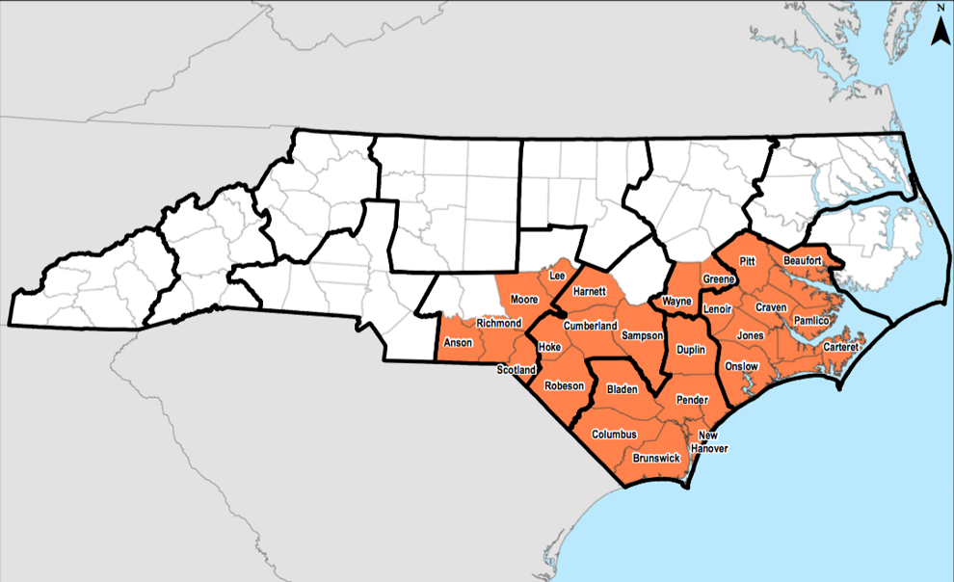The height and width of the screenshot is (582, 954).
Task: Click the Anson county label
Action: (x=456, y=343)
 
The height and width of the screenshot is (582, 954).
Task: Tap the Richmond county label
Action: (x=499, y=323)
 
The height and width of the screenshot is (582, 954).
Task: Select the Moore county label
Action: (x=524, y=300)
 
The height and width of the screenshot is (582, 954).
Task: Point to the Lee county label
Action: (x=556, y=277)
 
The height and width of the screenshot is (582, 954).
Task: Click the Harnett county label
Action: (x=589, y=291)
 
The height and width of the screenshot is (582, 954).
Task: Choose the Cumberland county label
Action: (x=590, y=326)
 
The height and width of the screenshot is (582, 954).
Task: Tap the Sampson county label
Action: (x=643, y=335)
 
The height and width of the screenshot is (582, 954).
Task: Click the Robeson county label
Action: (x=564, y=385)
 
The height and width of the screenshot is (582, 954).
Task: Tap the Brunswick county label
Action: (x=657, y=459)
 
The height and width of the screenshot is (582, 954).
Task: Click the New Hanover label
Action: (x=714, y=441)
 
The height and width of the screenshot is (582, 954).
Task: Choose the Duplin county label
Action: (x=690, y=352)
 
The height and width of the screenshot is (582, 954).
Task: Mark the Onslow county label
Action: (x=742, y=366)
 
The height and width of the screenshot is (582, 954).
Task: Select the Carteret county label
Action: (x=840, y=346)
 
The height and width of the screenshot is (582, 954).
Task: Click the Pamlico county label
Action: (x=810, y=319)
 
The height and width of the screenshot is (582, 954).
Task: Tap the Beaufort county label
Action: (x=802, y=260)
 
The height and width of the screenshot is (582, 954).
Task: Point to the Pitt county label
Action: (x=747, y=261)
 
